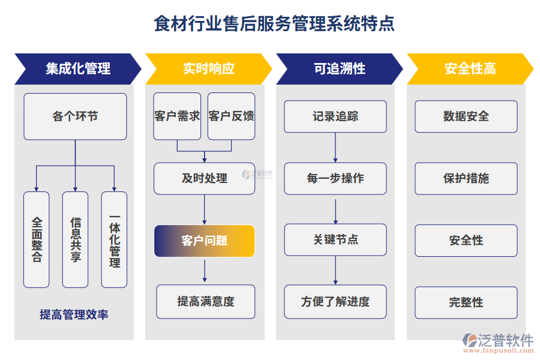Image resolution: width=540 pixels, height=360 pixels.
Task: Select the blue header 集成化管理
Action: [78, 68]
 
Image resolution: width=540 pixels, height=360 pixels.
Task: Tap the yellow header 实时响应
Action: [208, 68]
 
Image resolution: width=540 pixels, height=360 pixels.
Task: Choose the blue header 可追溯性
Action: [339, 68]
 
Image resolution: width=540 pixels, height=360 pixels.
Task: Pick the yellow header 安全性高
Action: [470, 68]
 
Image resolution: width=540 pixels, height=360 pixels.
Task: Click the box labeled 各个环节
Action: [75, 116]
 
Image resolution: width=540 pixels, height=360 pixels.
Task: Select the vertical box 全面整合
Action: [37, 239]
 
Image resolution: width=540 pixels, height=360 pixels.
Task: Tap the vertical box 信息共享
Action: [75, 239]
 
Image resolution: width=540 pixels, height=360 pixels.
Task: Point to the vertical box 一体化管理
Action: [114, 239]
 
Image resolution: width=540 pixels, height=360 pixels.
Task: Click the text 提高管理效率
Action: [74, 314]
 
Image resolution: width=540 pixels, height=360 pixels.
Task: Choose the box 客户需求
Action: [177, 116]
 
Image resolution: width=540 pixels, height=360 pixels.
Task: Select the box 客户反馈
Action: [231, 116]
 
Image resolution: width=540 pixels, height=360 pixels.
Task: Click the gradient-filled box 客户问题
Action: [205, 241]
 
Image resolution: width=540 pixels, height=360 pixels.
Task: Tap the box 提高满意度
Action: [206, 301]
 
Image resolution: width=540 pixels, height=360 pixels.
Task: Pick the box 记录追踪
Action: [335, 116]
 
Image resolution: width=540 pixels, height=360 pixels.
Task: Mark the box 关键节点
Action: [335, 239]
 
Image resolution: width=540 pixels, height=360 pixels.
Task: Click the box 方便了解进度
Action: [335, 301]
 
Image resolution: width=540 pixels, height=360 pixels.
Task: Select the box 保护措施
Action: [466, 178]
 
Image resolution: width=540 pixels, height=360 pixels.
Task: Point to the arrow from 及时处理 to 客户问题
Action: [205, 209]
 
